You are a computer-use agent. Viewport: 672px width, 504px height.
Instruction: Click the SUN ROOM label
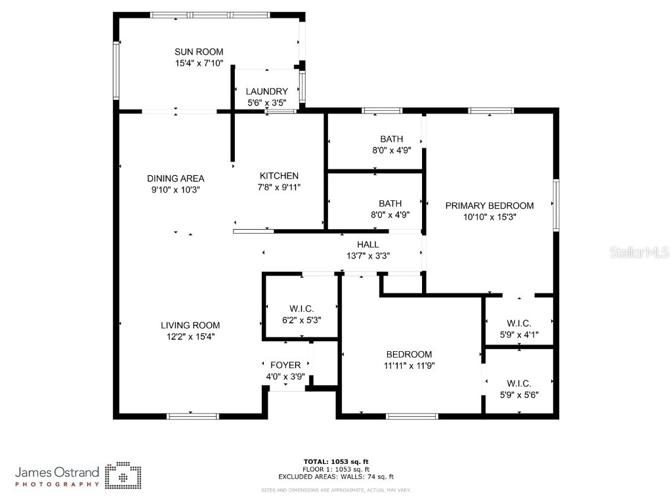pos(198,52)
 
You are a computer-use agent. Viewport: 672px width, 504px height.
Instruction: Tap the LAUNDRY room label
pos(266,91)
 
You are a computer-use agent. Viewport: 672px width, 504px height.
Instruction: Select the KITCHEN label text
pos(279,176)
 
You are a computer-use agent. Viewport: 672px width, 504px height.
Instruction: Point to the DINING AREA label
pos(175,178)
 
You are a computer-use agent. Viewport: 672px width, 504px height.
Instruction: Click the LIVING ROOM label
pos(190,325)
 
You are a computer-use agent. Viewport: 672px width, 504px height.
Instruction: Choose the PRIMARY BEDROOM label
pos(489,205)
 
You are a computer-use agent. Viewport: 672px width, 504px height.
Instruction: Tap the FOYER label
pos(285,365)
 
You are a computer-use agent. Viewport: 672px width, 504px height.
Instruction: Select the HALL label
pos(367,244)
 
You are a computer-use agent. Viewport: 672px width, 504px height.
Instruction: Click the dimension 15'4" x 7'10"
pos(199,64)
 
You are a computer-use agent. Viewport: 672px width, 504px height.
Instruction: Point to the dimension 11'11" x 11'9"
pos(409,366)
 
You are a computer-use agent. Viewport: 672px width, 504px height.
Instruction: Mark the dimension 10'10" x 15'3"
pos(489,217)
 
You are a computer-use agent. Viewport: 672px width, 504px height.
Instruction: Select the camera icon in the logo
pos(123,474)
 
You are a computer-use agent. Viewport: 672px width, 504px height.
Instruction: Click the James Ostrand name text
pos(57,472)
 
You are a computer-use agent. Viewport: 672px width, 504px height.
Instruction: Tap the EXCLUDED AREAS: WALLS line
pos(335,477)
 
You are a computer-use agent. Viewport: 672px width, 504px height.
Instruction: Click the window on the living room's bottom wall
pos(193,415)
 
